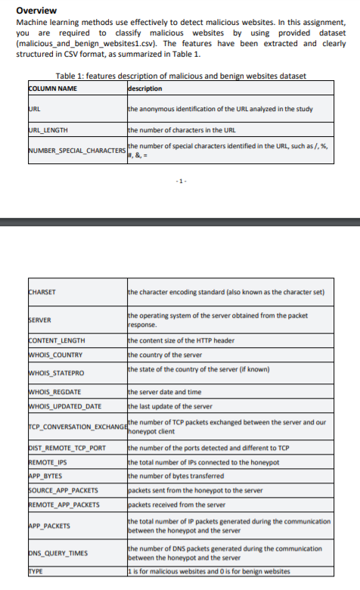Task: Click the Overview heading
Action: [36, 11]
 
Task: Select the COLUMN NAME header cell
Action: [53, 88]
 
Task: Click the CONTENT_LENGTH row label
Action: [57, 341]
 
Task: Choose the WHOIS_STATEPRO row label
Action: [56, 373]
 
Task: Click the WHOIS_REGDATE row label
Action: [54, 393]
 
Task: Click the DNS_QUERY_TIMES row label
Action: [55, 553]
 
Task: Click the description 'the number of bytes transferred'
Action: [176, 476]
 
